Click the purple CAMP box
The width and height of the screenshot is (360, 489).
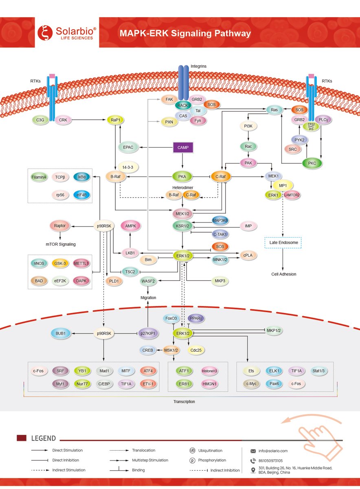(x=182, y=147)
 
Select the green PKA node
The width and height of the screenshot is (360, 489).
(x=182, y=177)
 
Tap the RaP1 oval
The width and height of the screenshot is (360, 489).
(x=115, y=120)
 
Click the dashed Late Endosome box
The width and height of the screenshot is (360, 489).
(x=283, y=242)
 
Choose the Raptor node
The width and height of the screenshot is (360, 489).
(x=60, y=225)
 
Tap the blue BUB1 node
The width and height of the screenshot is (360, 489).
(x=61, y=333)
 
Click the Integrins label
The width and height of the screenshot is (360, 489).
(x=199, y=66)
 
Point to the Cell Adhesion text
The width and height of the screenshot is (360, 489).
(x=284, y=274)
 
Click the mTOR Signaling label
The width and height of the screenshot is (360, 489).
(x=60, y=244)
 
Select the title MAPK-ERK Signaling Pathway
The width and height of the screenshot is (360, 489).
(x=185, y=33)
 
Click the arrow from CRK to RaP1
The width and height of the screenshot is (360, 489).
(x=87, y=120)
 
